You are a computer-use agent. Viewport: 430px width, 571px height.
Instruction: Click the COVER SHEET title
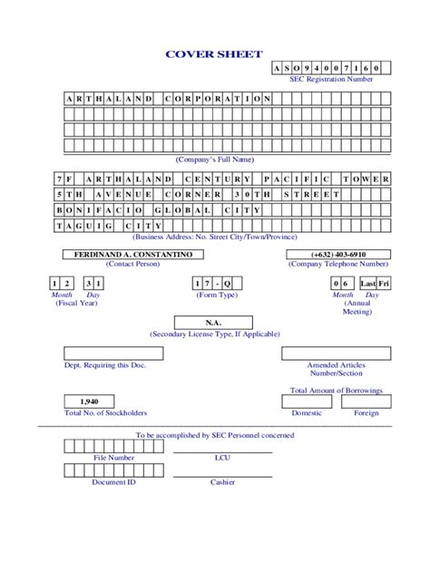click(213, 54)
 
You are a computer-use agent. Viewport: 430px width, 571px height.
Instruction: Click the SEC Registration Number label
click(331, 79)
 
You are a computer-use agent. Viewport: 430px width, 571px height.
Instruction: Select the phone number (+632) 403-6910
click(338, 255)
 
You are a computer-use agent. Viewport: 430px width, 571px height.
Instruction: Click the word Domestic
click(307, 412)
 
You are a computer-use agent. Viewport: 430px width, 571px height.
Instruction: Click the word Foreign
click(366, 412)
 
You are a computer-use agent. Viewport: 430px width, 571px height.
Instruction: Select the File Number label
click(114, 458)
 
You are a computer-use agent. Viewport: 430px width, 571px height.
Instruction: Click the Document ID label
click(114, 482)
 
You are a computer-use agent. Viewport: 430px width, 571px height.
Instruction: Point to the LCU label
click(222, 458)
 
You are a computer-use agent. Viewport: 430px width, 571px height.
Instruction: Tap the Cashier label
click(222, 482)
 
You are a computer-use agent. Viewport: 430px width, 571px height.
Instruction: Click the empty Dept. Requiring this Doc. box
click(114, 353)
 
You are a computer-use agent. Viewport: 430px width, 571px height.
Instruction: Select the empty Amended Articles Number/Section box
click(336, 353)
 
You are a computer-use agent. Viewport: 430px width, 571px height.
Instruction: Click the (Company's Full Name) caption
click(214, 159)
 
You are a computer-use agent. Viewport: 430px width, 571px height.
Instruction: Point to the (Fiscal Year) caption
click(76, 304)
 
